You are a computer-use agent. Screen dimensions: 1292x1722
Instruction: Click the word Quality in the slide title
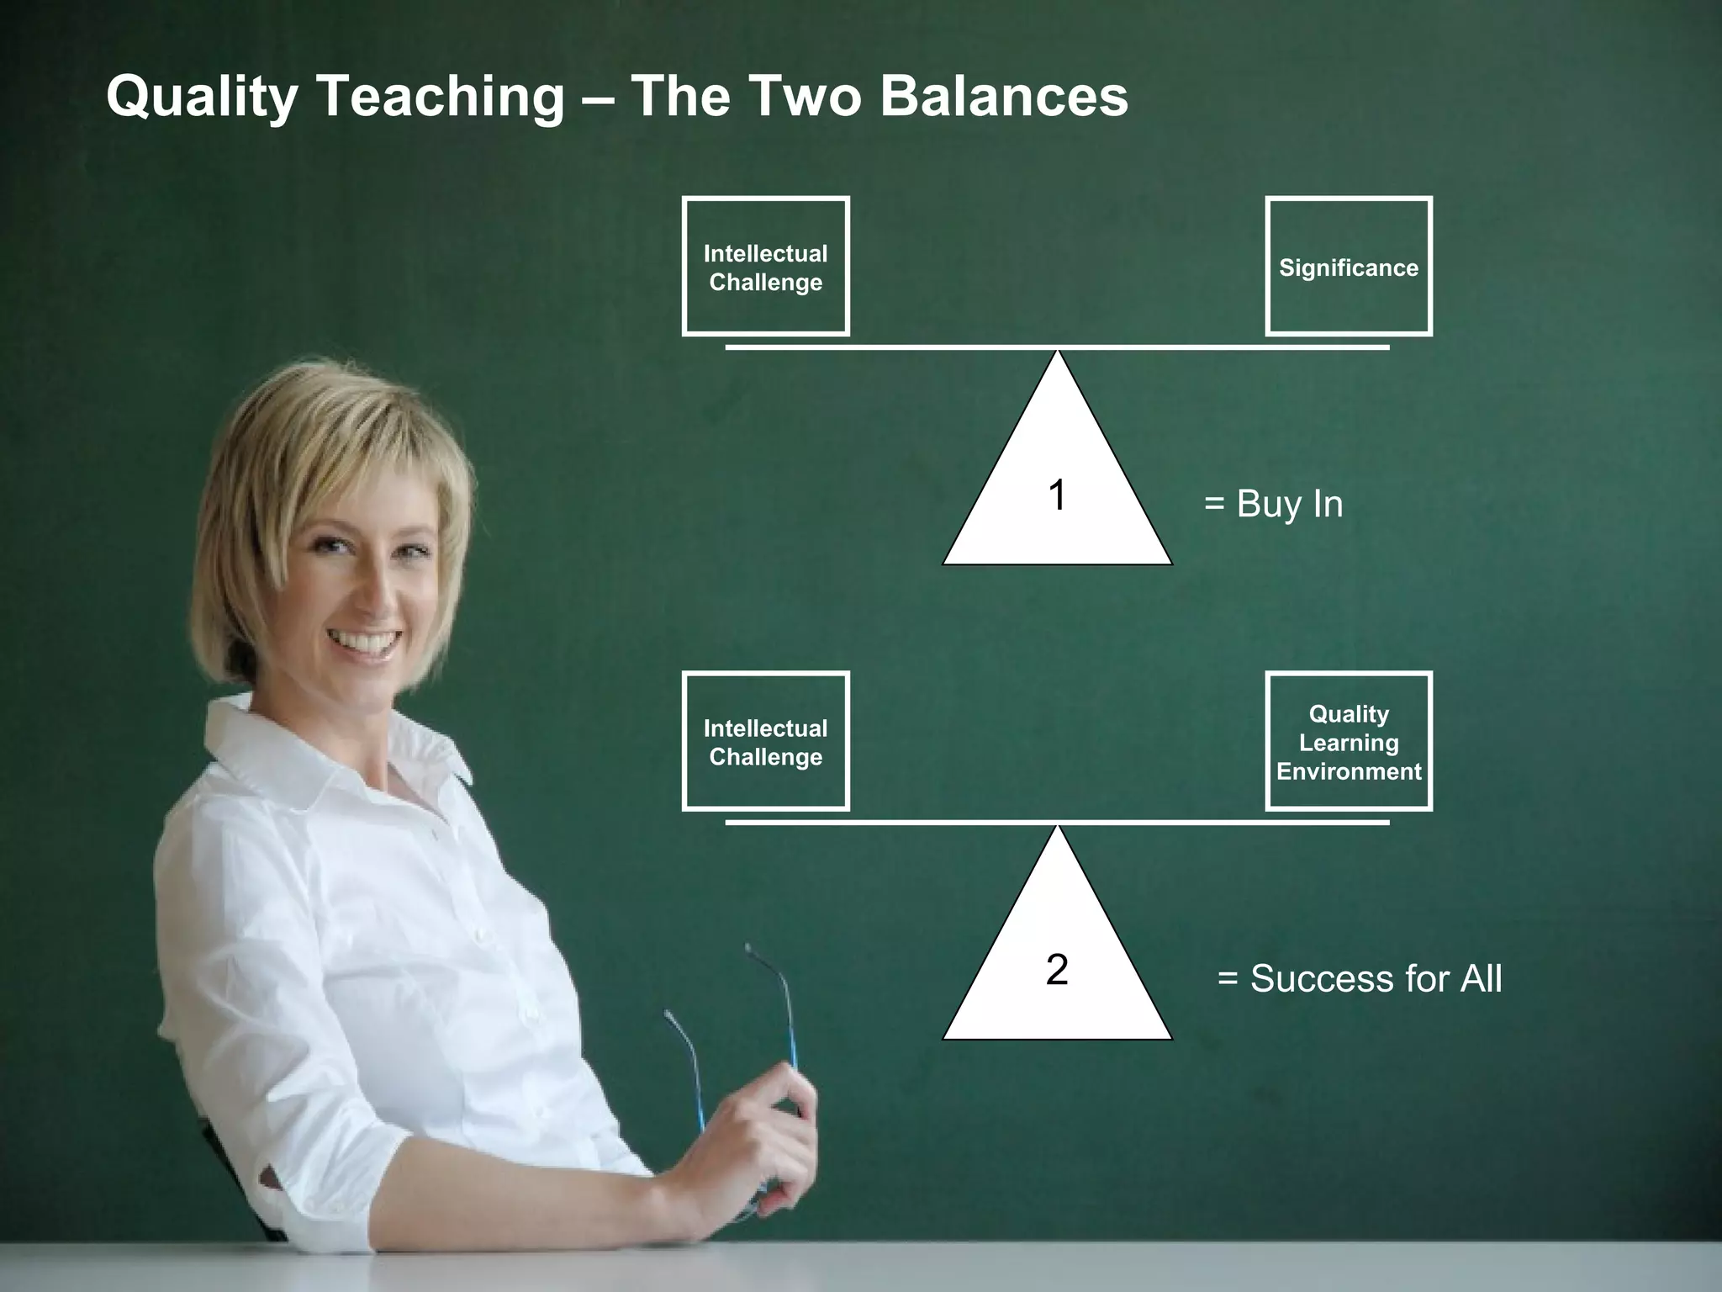pos(202,97)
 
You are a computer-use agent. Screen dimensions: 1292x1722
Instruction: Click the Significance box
pos(1348,267)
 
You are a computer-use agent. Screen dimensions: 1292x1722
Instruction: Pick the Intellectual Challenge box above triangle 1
pos(765,267)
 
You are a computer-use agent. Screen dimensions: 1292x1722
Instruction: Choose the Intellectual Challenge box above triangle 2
pos(765,742)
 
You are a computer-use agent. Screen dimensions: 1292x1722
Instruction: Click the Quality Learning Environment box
pos(1348,742)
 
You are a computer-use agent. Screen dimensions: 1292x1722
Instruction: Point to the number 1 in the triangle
pos(1057,495)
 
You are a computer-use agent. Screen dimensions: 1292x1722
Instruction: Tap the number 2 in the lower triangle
pos(1057,969)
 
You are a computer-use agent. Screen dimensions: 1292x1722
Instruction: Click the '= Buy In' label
pos(1273,504)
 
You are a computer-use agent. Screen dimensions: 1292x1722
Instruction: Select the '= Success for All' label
pos(1360,978)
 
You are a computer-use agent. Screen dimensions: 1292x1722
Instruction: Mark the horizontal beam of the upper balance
pos(1057,347)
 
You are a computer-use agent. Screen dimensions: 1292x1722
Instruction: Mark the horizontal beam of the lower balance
pos(1057,822)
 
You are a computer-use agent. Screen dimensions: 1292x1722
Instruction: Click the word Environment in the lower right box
pos(1349,771)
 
